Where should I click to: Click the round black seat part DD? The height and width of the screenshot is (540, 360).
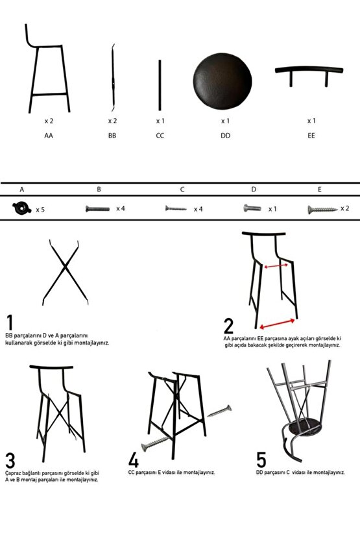pyautogui.click(x=222, y=81)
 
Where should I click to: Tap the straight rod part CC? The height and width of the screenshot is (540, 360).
pyautogui.click(x=160, y=85)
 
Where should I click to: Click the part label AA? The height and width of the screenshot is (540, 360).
pyautogui.click(x=49, y=136)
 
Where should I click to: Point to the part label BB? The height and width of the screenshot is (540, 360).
pyautogui.click(x=112, y=136)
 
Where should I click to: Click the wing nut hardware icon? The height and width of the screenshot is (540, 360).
pyautogui.click(x=21, y=208)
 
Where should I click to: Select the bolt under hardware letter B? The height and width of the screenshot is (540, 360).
pyautogui.click(x=97, y=209)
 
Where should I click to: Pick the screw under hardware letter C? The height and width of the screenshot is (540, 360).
pyautogui.click(x=176, y=208)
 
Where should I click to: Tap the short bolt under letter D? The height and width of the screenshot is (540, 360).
pyautogui.click(x=252, y=208)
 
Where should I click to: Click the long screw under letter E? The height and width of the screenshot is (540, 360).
pyautogui.click(x=322, y=209)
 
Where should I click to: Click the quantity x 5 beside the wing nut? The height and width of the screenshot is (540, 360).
pyautogui.click(x=40, y=210)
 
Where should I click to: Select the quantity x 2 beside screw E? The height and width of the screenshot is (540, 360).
pyautogui.click(x=344, y=208)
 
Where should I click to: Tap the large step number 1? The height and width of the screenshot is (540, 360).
pyautogui.click(x=10, y=323)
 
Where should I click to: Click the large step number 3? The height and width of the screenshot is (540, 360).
pyautogui.click(x=10, y=460)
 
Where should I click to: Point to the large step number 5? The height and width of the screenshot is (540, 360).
pyautogui.click(x=261, y=460)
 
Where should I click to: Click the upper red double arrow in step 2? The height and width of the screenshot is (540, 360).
pyautogui.click(x=276, y=266)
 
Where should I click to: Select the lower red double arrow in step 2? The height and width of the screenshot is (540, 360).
pyautogui.click(x=277, y=324)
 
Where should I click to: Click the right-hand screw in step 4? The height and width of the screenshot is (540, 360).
pyautogui.click(x=219, y=411)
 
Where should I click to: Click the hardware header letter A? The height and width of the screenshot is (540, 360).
pyautogui.click(x=21, y=190)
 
